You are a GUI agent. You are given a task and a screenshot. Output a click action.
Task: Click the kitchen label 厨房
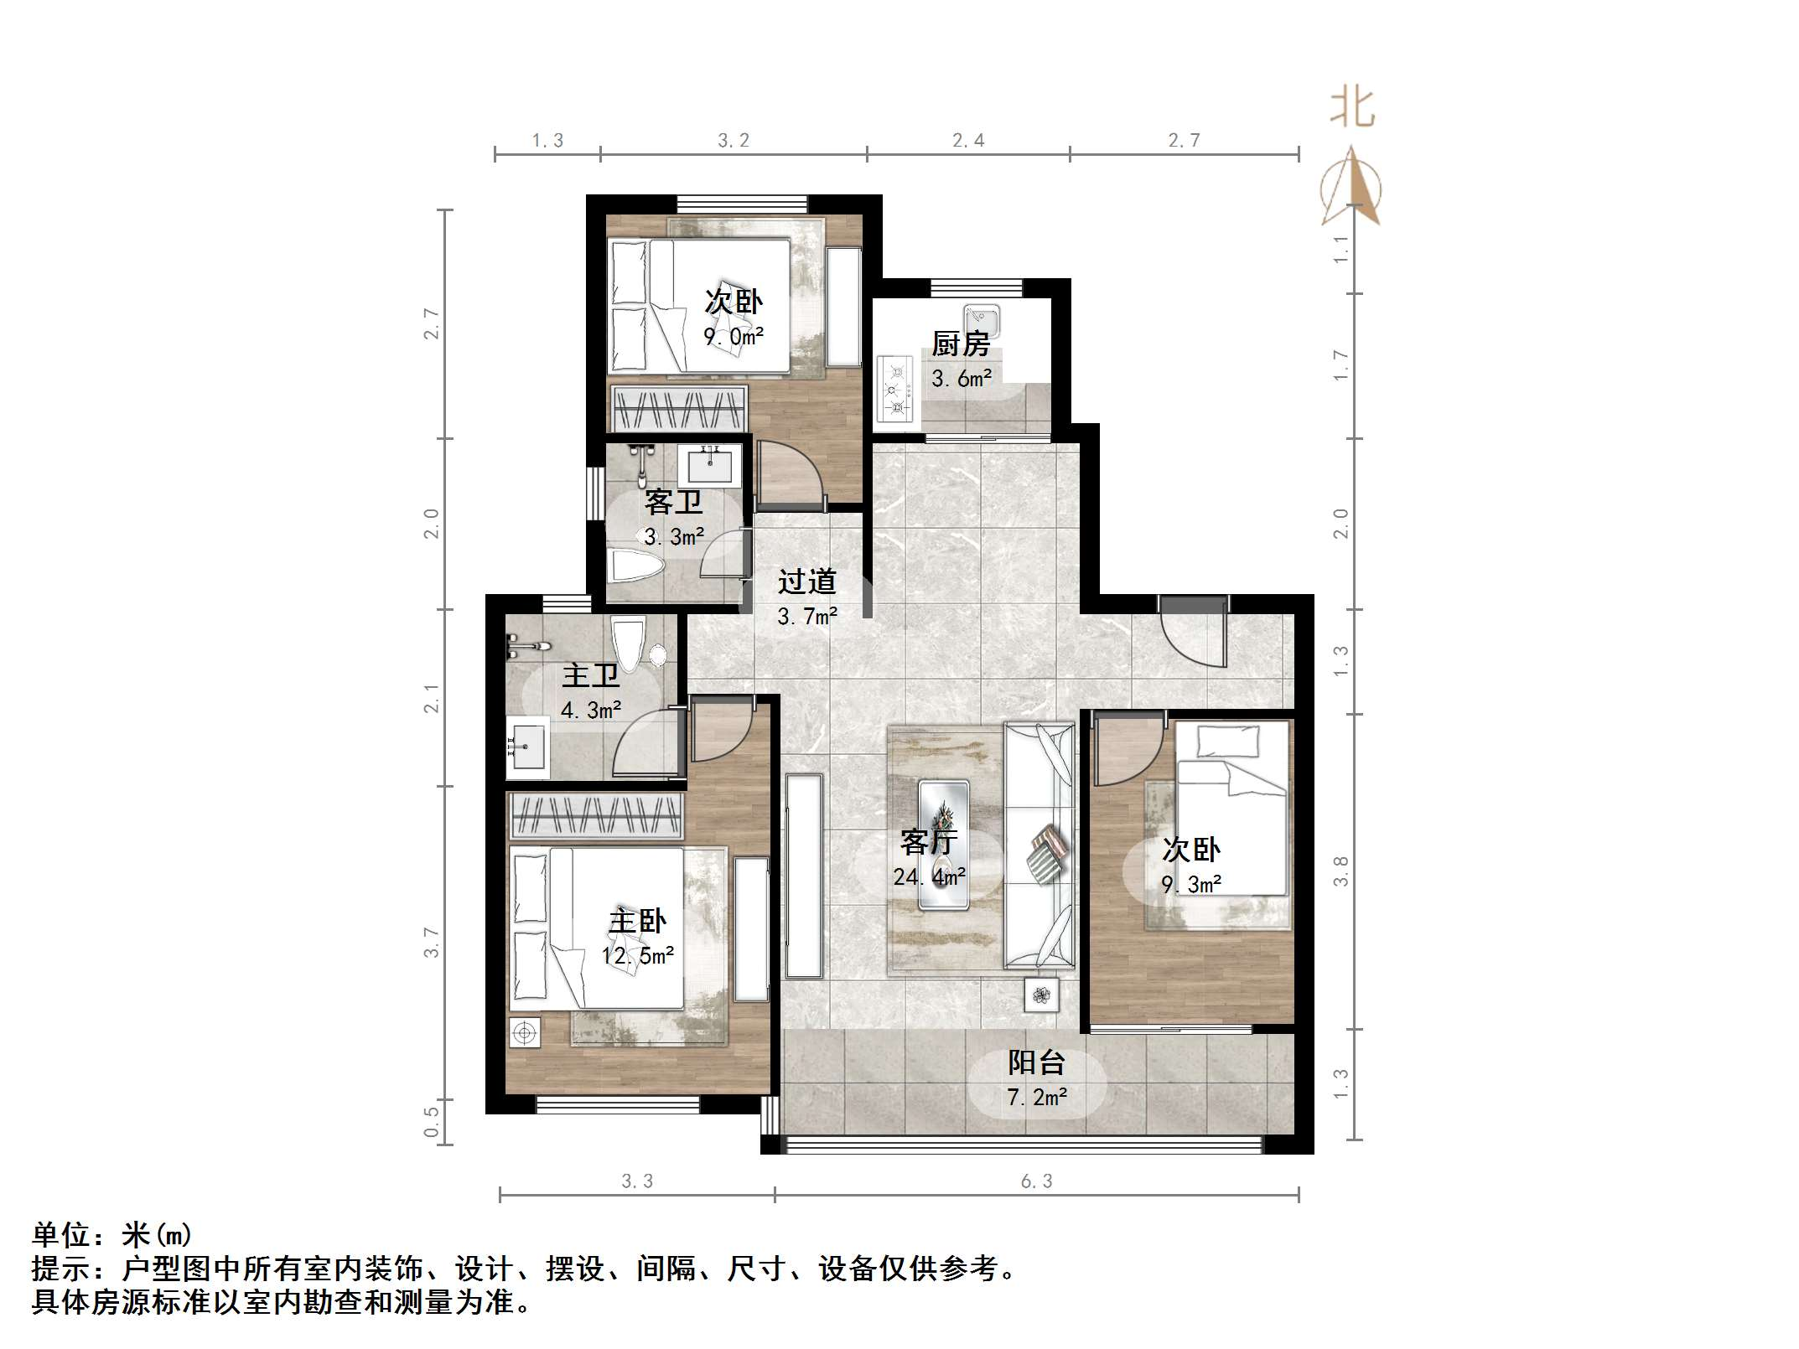coord(961,344)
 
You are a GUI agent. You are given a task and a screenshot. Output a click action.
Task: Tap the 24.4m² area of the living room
coord(929,877)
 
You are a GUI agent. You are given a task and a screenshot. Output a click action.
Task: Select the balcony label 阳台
coord(1036,1062)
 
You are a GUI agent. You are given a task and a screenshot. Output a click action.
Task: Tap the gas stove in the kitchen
coord(896,390)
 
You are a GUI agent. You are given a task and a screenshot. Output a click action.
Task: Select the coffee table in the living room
coord(944,845)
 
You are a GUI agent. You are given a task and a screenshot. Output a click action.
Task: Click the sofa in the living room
coord(1040,845)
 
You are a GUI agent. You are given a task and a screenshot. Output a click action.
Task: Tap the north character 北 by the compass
coord(1351,109)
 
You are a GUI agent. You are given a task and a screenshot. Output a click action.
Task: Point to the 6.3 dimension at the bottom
coord(1036,1181)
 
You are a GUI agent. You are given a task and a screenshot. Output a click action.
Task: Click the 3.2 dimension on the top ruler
coord(734,141)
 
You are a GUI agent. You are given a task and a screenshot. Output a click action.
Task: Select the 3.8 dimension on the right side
coord(1340,871)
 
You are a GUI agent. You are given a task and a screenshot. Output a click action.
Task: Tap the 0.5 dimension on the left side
coord(431,1122)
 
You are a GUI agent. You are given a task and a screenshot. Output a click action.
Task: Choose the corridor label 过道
coord(806,581)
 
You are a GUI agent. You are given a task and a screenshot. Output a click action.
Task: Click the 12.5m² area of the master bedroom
coord(637,955)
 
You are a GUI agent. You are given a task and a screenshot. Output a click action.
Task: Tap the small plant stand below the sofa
coord(1041,995)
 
